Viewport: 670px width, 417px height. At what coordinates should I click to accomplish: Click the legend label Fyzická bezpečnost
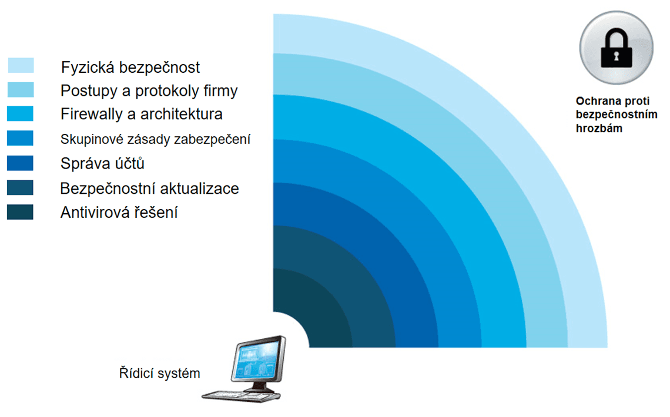point(130,68)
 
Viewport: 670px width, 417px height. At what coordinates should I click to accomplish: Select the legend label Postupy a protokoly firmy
point(149,91)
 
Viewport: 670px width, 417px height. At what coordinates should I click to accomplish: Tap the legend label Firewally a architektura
point(142,114)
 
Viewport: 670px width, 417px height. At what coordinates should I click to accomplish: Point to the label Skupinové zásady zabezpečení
point(155,139)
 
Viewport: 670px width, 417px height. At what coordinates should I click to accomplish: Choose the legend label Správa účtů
point(102,163)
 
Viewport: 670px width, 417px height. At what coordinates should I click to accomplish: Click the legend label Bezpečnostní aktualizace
point(149,188)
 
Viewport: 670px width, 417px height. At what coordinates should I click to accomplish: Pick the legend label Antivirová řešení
point(119,212)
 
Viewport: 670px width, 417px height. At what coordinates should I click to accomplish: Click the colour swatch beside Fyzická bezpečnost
point(21,65)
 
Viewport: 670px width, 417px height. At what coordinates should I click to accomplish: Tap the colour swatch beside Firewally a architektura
point(20,114)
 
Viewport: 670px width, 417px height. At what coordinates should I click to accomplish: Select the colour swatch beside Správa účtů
point(20,163)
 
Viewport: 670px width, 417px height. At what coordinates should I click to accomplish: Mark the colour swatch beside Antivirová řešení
point(20,212)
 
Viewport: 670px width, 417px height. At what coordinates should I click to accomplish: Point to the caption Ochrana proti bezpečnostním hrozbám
point(616,115)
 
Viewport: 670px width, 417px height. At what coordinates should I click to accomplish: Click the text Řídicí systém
point(159,373)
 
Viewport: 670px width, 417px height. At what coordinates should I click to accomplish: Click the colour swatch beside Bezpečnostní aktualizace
point(20,187)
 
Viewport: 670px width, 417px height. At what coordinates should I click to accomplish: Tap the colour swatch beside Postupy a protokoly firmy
point(21,90)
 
